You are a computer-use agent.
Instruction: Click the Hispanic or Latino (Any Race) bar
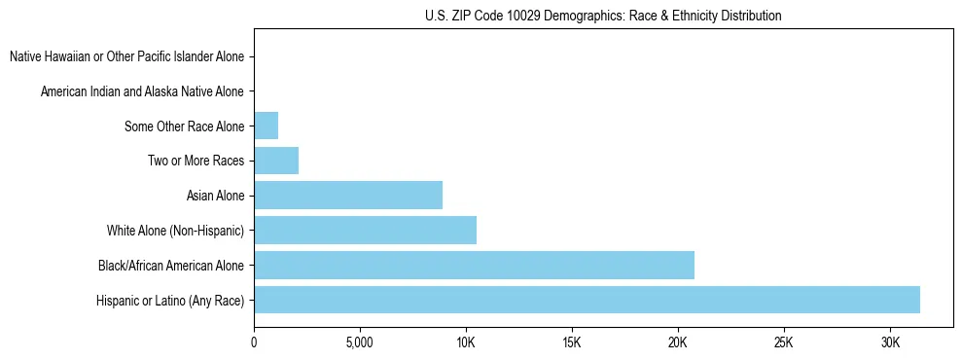click(587, 300)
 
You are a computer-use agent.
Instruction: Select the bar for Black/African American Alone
click(474, 265)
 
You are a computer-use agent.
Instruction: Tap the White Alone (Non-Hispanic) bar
click(365, 231)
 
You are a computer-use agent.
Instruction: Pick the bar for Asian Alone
click(348, 196)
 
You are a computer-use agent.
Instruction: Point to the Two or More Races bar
click(276, 161)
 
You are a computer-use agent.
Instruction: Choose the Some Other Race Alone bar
click(266, 126)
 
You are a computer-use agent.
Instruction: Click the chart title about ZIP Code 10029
click(603, 16)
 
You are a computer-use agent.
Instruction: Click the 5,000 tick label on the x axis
click(360, 343)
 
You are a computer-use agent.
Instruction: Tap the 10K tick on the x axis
click(466, 343)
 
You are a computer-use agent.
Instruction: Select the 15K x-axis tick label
click(572, 343)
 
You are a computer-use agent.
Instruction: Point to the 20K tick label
click(678, 343)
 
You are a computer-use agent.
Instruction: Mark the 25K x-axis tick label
click(784, 343)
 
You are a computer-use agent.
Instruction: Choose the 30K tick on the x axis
click(890, 343)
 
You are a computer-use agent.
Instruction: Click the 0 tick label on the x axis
click(254, 343)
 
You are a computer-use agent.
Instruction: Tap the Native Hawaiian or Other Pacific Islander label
click(126, 57)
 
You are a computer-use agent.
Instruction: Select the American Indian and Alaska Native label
click(142, 91)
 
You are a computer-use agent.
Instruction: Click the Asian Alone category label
click(215, 196)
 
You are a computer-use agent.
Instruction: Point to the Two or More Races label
click(196, 161)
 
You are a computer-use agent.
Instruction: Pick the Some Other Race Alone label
click(185, 126)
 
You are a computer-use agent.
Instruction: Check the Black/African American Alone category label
click(171, 266)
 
